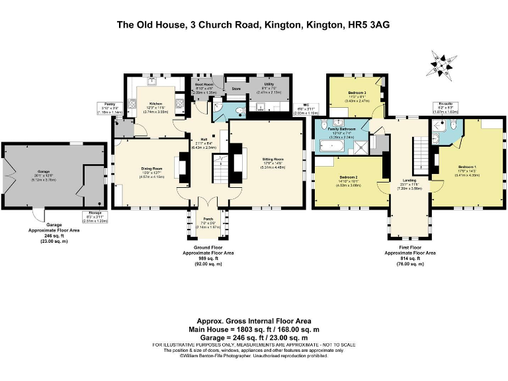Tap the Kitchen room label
(155, 105)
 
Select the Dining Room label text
(152, 169)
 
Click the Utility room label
(269, 85)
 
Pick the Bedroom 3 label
(357, 93)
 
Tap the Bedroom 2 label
(349, 177)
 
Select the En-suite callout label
(445, 105)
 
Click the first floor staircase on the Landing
(419, 153)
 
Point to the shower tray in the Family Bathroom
(360, 146)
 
